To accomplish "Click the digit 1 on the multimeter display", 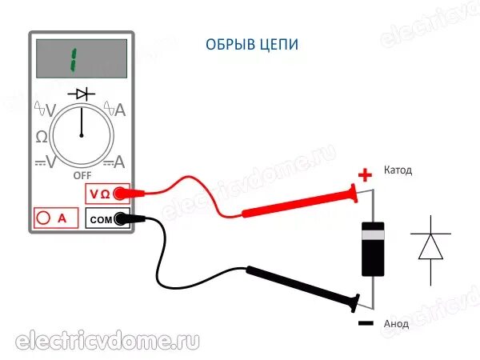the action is (x=73, y=58).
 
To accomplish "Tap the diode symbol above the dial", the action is (x=81, y=94).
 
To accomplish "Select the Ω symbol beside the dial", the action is (x=41, y=137).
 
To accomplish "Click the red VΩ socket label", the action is (x=100, y=194).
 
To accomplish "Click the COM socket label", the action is (x=100, y=218).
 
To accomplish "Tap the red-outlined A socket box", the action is (x=56, y=218).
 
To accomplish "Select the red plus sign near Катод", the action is (x=365, y=174).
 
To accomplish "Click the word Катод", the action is (x=398, y=171).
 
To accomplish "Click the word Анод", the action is (x=396, y=324).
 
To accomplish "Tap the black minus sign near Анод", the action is (x=365, y=324).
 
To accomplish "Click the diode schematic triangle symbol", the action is (x=430, y=246).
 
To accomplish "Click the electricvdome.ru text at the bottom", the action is (x=108, y=339).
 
